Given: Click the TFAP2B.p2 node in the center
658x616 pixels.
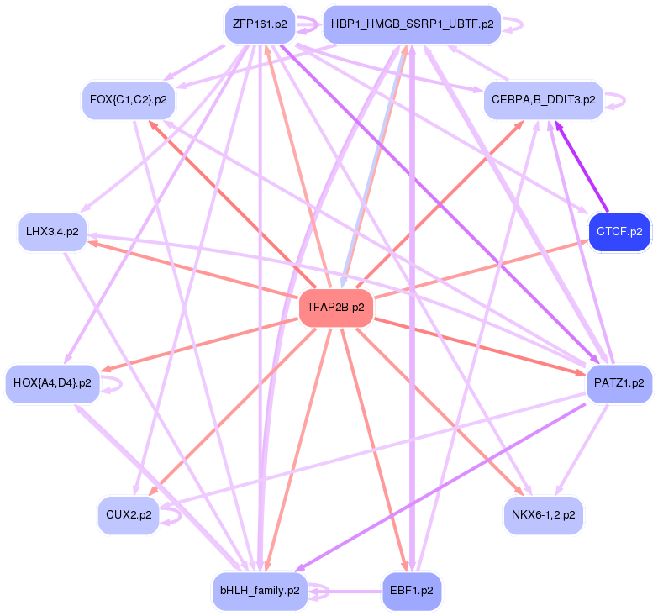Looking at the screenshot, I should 335,308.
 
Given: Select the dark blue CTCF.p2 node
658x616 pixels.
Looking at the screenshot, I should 619,231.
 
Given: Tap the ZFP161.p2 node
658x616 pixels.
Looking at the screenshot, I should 260,24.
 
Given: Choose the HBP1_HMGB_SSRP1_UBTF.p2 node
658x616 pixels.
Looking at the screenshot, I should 412,24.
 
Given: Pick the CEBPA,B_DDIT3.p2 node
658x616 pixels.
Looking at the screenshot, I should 542,100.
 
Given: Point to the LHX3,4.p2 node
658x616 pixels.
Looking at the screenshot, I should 52,231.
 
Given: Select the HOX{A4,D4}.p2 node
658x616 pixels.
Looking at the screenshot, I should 52,383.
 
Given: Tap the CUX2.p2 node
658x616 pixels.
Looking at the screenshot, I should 128,514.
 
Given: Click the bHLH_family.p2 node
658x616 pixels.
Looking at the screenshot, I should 260,591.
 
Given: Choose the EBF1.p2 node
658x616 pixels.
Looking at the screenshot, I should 411,591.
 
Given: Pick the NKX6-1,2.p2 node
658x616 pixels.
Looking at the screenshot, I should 543,514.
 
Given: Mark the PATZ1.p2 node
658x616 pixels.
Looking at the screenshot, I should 619,383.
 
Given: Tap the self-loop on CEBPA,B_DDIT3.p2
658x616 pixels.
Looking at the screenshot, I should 620,100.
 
